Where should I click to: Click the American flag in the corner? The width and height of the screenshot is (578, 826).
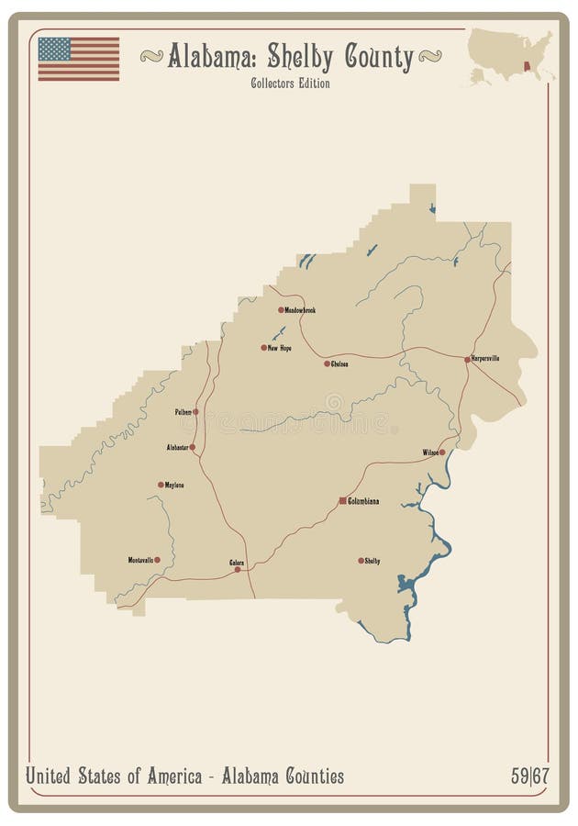click(78, 59)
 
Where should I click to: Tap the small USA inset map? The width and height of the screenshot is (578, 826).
click(510, 56)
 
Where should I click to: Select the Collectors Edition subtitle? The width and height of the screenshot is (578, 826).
click(290, 84)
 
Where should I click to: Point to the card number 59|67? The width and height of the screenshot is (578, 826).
click(529, 776)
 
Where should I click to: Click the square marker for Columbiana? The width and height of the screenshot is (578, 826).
click(342, 500)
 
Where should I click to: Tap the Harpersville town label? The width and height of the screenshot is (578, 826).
click(485, 358)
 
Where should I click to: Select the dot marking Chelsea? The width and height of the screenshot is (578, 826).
click(327, 363)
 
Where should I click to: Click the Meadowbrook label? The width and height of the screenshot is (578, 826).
click(300, 310)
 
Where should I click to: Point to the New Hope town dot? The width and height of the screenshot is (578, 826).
click(263, 348)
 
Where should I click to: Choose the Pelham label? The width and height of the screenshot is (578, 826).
click(183, 412)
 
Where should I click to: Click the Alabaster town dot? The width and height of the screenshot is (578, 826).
click(192, 447)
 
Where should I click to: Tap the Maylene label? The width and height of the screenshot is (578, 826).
click(174, 485)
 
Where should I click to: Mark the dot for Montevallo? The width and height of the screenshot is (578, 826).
click(157, 559)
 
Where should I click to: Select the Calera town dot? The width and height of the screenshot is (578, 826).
click(238, 569)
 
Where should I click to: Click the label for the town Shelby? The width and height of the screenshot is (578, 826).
click(372, 560)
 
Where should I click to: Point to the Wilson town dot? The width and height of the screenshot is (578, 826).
click(441, 452)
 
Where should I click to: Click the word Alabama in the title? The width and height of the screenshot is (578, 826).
click(213, 57)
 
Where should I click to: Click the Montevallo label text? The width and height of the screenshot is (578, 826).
click(139, 559)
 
